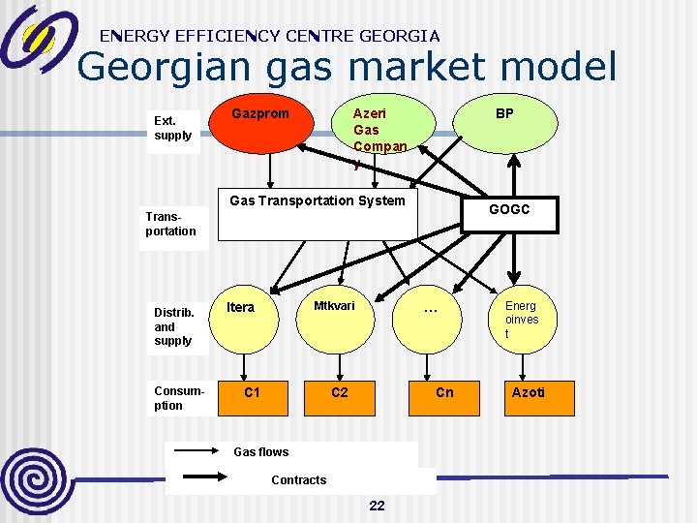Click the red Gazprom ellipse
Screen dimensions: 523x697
[260, 126]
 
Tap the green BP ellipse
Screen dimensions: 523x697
[504, 126]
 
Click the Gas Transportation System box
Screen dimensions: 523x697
[318, 215]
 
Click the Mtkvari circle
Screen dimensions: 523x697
[334, 320]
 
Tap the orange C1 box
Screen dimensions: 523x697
[252, 398]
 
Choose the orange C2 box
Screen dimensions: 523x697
[340, 398]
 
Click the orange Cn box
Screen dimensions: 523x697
[444, 398]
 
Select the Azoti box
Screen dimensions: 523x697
[529, 398]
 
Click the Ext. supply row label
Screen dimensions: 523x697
[173, 129]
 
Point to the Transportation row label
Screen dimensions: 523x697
[171, 225]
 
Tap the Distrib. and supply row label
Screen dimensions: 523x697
[174, 326]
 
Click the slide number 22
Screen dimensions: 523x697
[378, 506]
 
